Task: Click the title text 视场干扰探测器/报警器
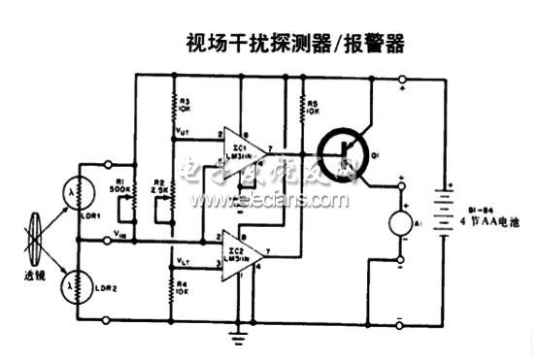(x=293, y=43)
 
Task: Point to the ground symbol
(x=238, y=336)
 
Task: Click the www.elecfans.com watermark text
(x=271, y=200)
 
